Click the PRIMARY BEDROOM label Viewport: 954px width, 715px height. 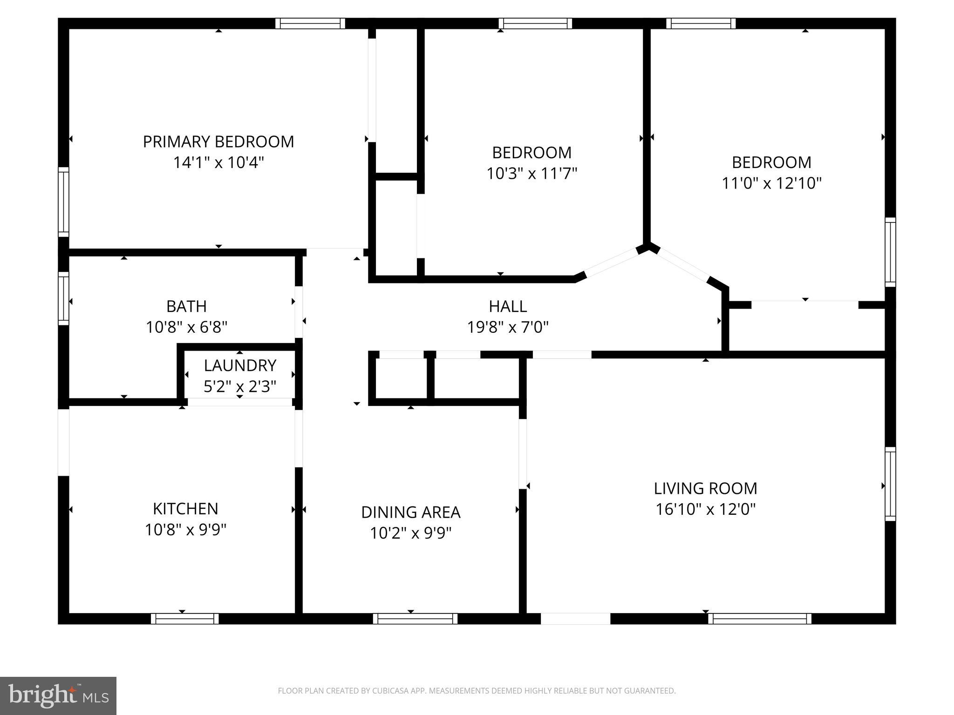(x=218, y=142)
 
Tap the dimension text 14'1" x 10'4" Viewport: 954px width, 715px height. (x=218, y=162)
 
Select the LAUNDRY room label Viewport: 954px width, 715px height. (x=240, y=365)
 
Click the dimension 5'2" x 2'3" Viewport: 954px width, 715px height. (x=240, y=386)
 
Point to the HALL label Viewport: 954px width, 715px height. (x=508, y=306)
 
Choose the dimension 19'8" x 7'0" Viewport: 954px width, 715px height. (x=508, y=327)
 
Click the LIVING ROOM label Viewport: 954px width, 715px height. (x=705, y=488)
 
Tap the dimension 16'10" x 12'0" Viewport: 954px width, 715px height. (x=705, y=509)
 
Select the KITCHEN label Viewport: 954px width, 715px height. (x=185, y=509)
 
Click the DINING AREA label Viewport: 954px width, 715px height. (x=410, y=512)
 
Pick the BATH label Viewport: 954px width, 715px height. (x=186, y=306)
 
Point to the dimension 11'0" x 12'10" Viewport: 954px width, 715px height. (x=771, y=183)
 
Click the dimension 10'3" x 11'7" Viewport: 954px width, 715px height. (x=532, y=174)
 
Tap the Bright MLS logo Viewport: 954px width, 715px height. (x=58, y=695)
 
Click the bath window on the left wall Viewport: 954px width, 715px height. (x=63, y=298)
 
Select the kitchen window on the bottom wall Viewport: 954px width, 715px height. (x=184, y=619)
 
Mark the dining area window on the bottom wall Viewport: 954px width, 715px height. (x=415, y=619)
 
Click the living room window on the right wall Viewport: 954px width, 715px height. (x=890, y=484)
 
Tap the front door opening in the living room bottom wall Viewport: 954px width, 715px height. (x=575, y=619)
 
